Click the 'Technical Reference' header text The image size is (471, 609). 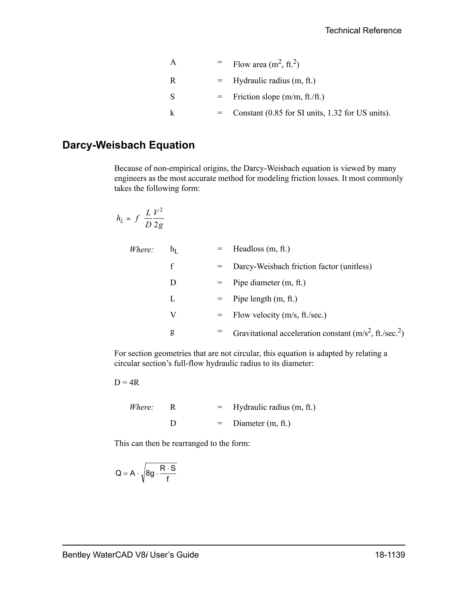[363, 30]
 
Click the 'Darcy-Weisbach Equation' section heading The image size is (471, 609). [128, 145]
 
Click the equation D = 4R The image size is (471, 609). [126, 382]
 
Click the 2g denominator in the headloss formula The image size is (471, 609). [158, 225]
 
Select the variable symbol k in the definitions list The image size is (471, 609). [172, 113]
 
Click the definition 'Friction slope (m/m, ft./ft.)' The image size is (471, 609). [279, 97]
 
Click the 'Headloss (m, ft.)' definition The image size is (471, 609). [261, 249]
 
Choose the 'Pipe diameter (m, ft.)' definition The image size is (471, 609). [269, 283]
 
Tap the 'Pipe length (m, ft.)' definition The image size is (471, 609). [265, 299]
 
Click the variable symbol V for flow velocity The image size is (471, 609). [173, 315]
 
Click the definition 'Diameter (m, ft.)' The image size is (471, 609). [262, 423]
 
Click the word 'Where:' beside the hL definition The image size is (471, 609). [141, 250]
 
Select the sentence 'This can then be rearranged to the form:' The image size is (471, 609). [182, 443]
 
